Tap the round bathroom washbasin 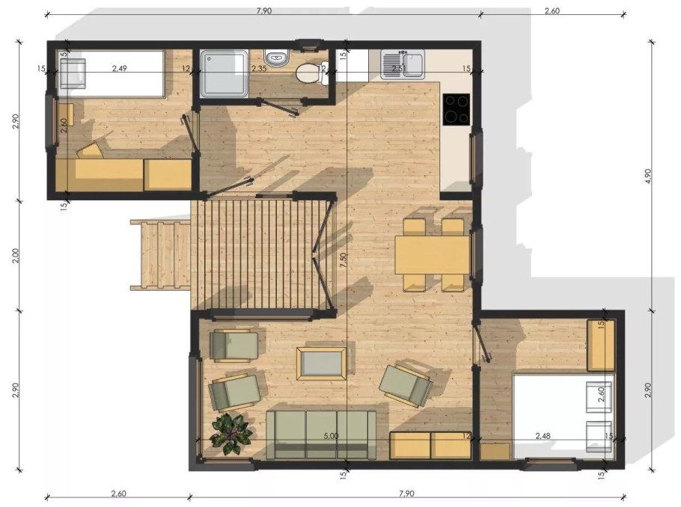[x=277, y=58]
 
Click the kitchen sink [x=403, y=64]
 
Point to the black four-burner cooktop [x=456, y=109]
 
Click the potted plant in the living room [x=230, y=434]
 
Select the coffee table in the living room [x=321, y=363]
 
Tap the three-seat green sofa [x=321, y=434]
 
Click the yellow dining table [x=433, y=255]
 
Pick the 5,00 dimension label [x=331, y=436]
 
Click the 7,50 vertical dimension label [x=343, y=259]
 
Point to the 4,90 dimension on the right [x=648, y=176]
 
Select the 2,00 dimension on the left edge [x=16, y=256]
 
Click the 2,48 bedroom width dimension [x=543, y=435]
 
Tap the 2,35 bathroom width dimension [x=259, y=68]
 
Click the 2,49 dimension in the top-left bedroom [x=120, y=68]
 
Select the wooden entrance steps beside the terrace [x=161, y=255]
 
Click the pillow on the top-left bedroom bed [x=72, y=73]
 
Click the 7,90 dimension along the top [x=263, y=10]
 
